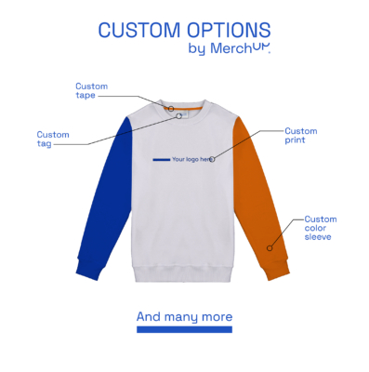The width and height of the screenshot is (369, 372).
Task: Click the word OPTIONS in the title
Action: [226, 31]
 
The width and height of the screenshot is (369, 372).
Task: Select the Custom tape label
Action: [86, 90]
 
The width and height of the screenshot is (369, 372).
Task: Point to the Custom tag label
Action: [52, 139]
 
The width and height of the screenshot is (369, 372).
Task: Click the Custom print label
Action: [300, 136]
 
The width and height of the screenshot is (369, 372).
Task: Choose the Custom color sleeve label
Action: [320, 228]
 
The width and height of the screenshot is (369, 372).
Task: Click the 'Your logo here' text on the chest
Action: [191, 159]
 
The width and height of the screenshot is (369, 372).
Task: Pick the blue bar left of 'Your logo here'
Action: [161, 159]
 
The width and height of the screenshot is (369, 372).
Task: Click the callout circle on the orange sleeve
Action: [270, 247]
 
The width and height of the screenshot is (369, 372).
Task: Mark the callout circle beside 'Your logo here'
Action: [213, 159]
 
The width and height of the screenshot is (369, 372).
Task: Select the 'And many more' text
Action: [184, 316]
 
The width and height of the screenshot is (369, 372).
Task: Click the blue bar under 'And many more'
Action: [184, 328]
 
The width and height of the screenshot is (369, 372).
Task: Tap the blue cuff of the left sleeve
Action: [86, 270]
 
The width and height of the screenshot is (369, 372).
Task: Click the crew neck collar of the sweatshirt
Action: [184, 112]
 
